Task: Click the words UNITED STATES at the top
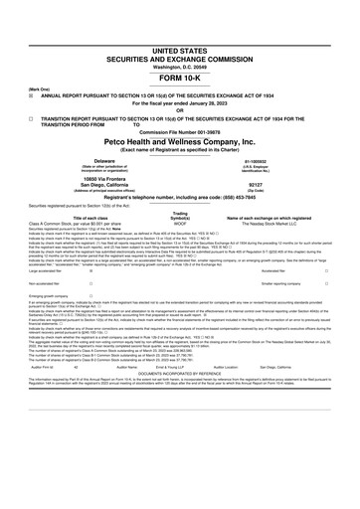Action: (179, 49)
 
